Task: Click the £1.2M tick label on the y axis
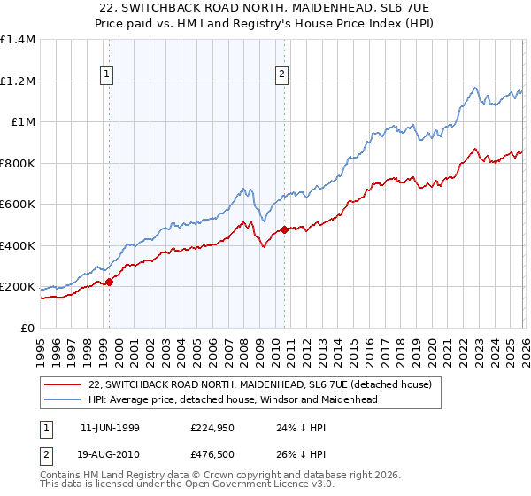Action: pos(18,81)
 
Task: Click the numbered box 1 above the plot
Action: pos(106,75)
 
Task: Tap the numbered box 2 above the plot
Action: pos(282,75)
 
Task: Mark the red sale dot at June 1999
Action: pos(110,282)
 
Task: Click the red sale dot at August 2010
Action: pos(284,230)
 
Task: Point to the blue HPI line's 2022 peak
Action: pos(475,88)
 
